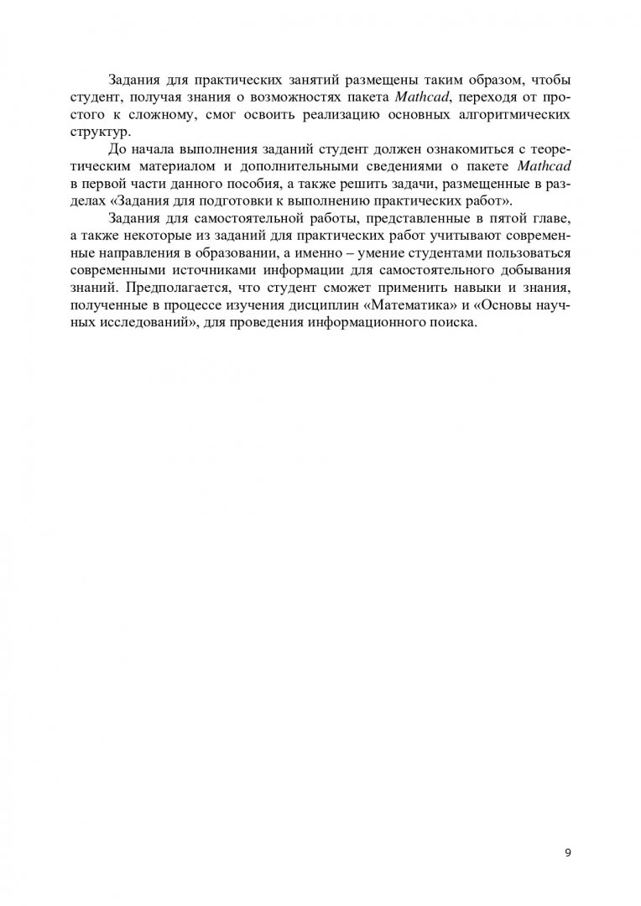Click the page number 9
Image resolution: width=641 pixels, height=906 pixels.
coord(568,853)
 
